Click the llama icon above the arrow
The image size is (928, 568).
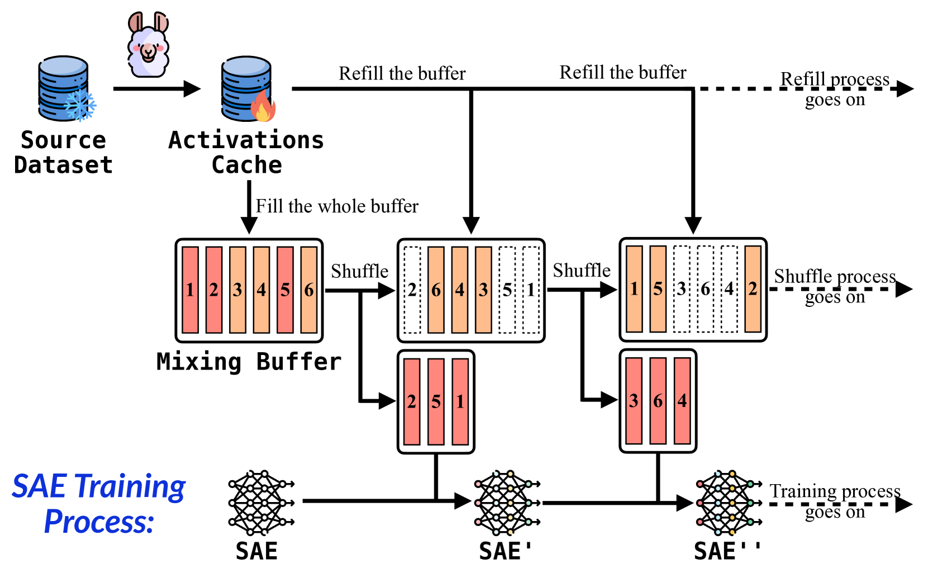click(148, 45)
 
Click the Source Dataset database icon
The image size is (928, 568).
click(63, 88)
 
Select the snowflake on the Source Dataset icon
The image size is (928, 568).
click(80, 105)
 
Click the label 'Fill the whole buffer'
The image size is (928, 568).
click(337, 206)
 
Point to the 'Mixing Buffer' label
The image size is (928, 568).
click(249, 362)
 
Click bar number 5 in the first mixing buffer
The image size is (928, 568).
click(285, 290)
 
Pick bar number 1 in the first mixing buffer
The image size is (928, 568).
click(191, 290)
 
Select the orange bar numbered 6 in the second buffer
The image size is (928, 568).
click(436, 290)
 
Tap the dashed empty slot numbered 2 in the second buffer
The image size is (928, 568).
click(412, 290)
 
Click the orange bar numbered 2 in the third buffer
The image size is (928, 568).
click(753, 289)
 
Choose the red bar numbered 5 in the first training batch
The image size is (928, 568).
click(436, 401)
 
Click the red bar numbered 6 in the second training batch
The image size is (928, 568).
click(658, 400)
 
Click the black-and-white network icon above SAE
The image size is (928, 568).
click(260, 502)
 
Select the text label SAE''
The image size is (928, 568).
click(727, 551)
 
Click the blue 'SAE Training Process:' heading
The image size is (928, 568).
click(99, 503)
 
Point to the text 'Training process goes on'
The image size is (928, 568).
click(835, 501)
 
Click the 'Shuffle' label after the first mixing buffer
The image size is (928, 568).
click(359, 271)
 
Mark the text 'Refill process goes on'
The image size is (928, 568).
click(835, 89)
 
